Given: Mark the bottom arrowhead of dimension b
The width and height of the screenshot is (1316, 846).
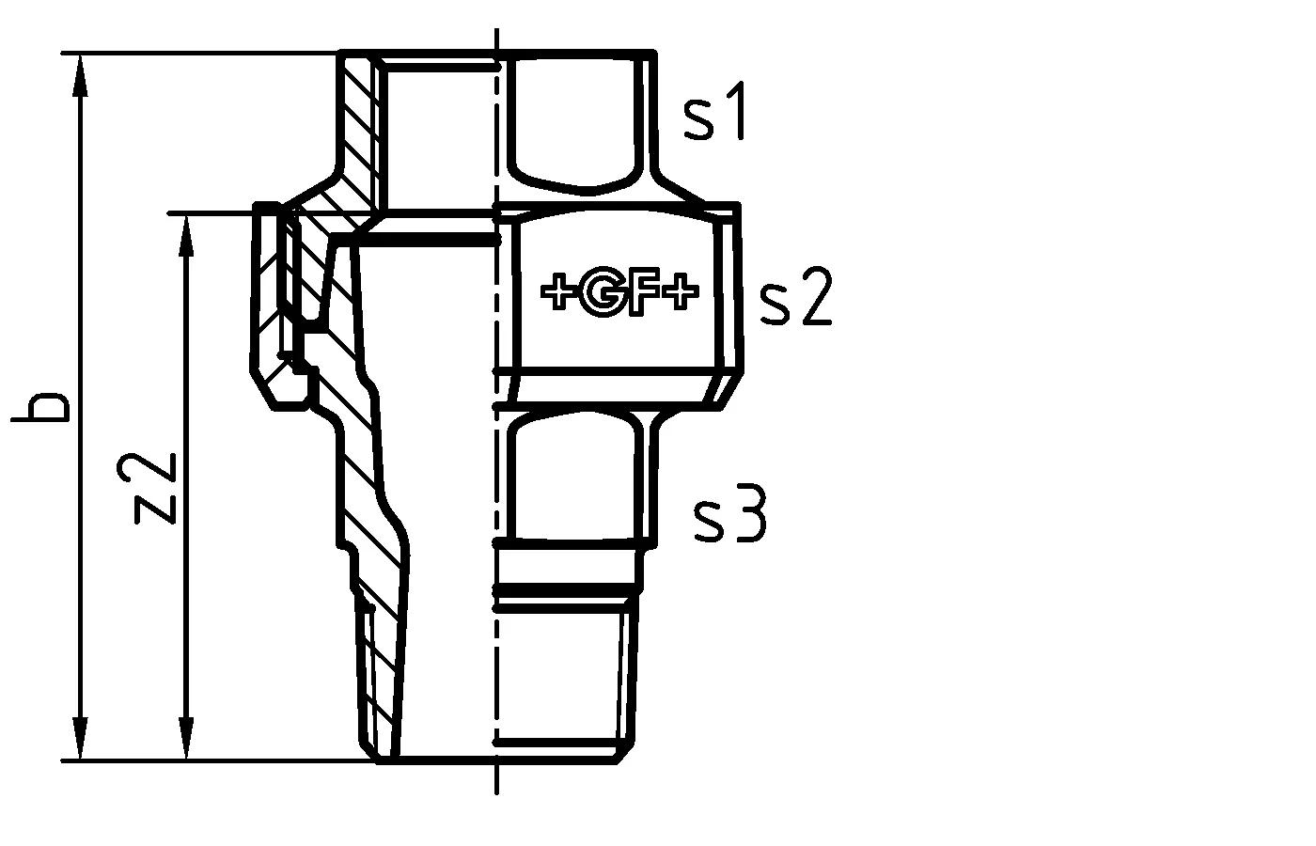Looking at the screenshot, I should (x=82, y=741).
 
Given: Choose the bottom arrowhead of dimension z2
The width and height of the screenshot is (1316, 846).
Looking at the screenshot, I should (x=187, y=741).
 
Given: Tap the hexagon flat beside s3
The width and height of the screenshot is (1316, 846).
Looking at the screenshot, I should (x=575, y=475).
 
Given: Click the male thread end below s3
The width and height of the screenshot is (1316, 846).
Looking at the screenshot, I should (x=559, y=677).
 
